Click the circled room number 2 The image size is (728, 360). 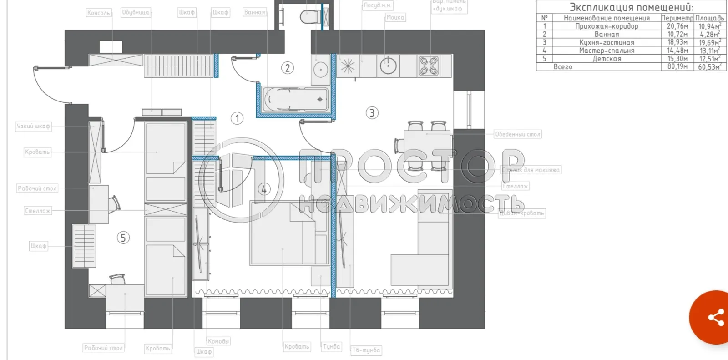click(287, 68)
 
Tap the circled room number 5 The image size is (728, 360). click(123, 238)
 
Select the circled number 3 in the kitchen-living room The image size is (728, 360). click(372, 113)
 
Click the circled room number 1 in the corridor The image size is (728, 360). click(237, 118)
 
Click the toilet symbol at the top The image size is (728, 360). click(310, 16)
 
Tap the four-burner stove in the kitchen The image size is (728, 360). click(429, 66)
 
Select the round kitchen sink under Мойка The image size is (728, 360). click(388, 66)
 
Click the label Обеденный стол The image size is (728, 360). click(518, 134)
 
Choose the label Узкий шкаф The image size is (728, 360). click(33, 126)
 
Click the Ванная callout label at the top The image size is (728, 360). click(254, 12)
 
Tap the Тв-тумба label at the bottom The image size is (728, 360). click(366, 350)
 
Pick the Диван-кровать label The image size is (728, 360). click(522, 213)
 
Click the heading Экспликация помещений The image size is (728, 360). click(631, 7)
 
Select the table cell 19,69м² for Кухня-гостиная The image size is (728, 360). click(710, 42)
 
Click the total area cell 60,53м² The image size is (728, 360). click(710, 67)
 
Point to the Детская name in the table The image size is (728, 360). click(607, 59)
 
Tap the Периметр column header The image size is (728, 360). click(677, 18)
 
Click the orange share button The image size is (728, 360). click(715, 317)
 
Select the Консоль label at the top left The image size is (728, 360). click(99, 13)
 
